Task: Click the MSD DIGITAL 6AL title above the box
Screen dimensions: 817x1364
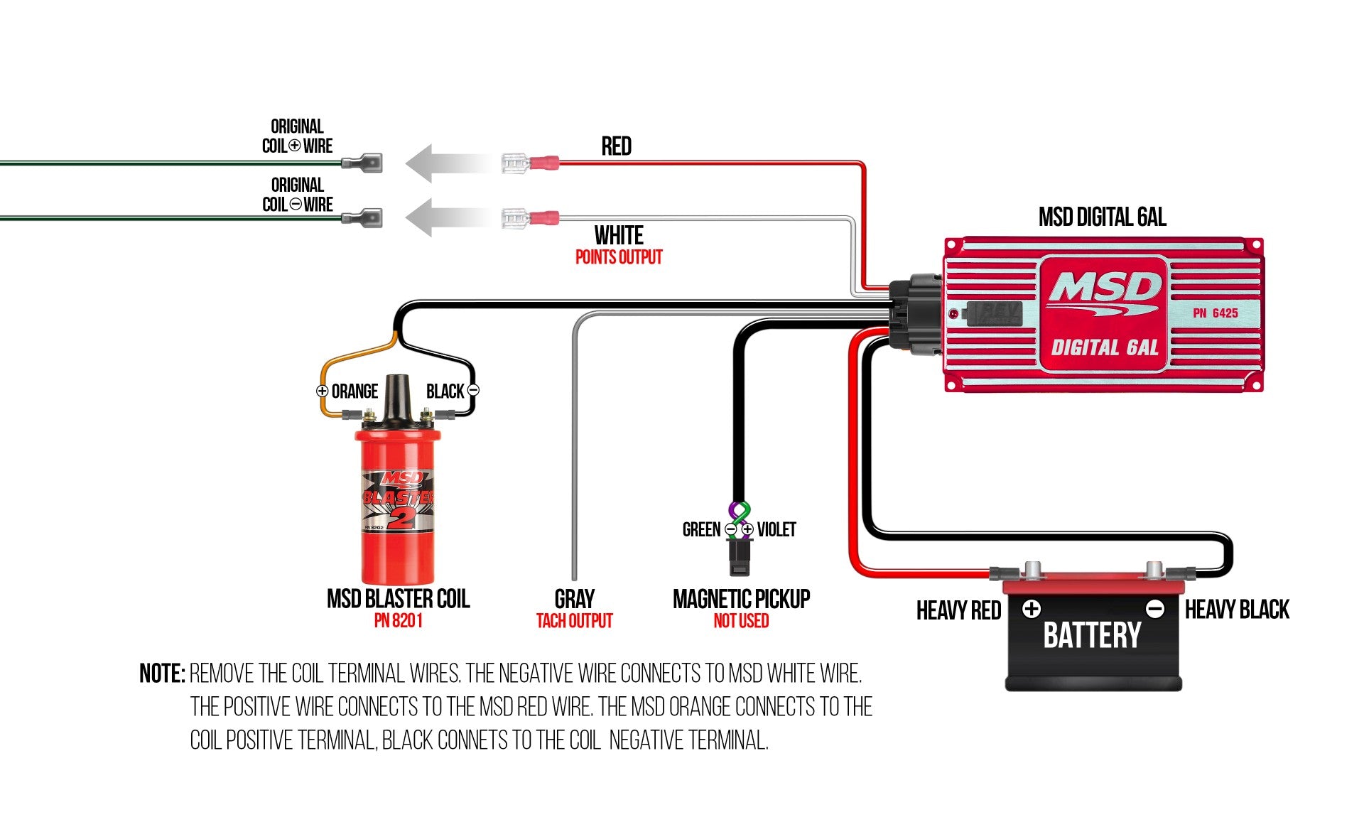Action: point(1102,217)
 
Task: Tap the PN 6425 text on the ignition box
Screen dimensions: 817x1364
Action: point(1215,313)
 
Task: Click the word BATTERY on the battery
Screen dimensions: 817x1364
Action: point(1092,635)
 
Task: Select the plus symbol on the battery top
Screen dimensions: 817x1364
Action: point(1032,609)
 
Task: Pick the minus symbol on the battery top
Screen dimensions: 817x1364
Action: point(1155,609)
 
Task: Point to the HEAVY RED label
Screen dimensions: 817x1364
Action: point(958,610)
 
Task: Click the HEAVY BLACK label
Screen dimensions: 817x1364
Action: point(1237,610)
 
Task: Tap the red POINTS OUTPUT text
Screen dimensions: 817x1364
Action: point(618,257)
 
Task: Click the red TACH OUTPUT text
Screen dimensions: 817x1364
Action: point(574,621)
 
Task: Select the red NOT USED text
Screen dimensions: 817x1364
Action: point(741,621)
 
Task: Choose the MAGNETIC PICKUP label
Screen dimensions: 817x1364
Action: point(741,599)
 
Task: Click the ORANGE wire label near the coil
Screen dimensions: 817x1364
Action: point(354,391)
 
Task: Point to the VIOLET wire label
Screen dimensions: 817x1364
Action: point(776,529)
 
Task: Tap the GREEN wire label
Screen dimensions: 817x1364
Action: point(701,529)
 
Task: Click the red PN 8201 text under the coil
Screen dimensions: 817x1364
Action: point(398,621)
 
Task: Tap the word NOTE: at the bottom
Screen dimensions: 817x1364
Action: point(162,673)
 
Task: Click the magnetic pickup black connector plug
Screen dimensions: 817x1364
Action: point(739,558)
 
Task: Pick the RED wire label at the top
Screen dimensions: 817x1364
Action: point(616,146)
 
